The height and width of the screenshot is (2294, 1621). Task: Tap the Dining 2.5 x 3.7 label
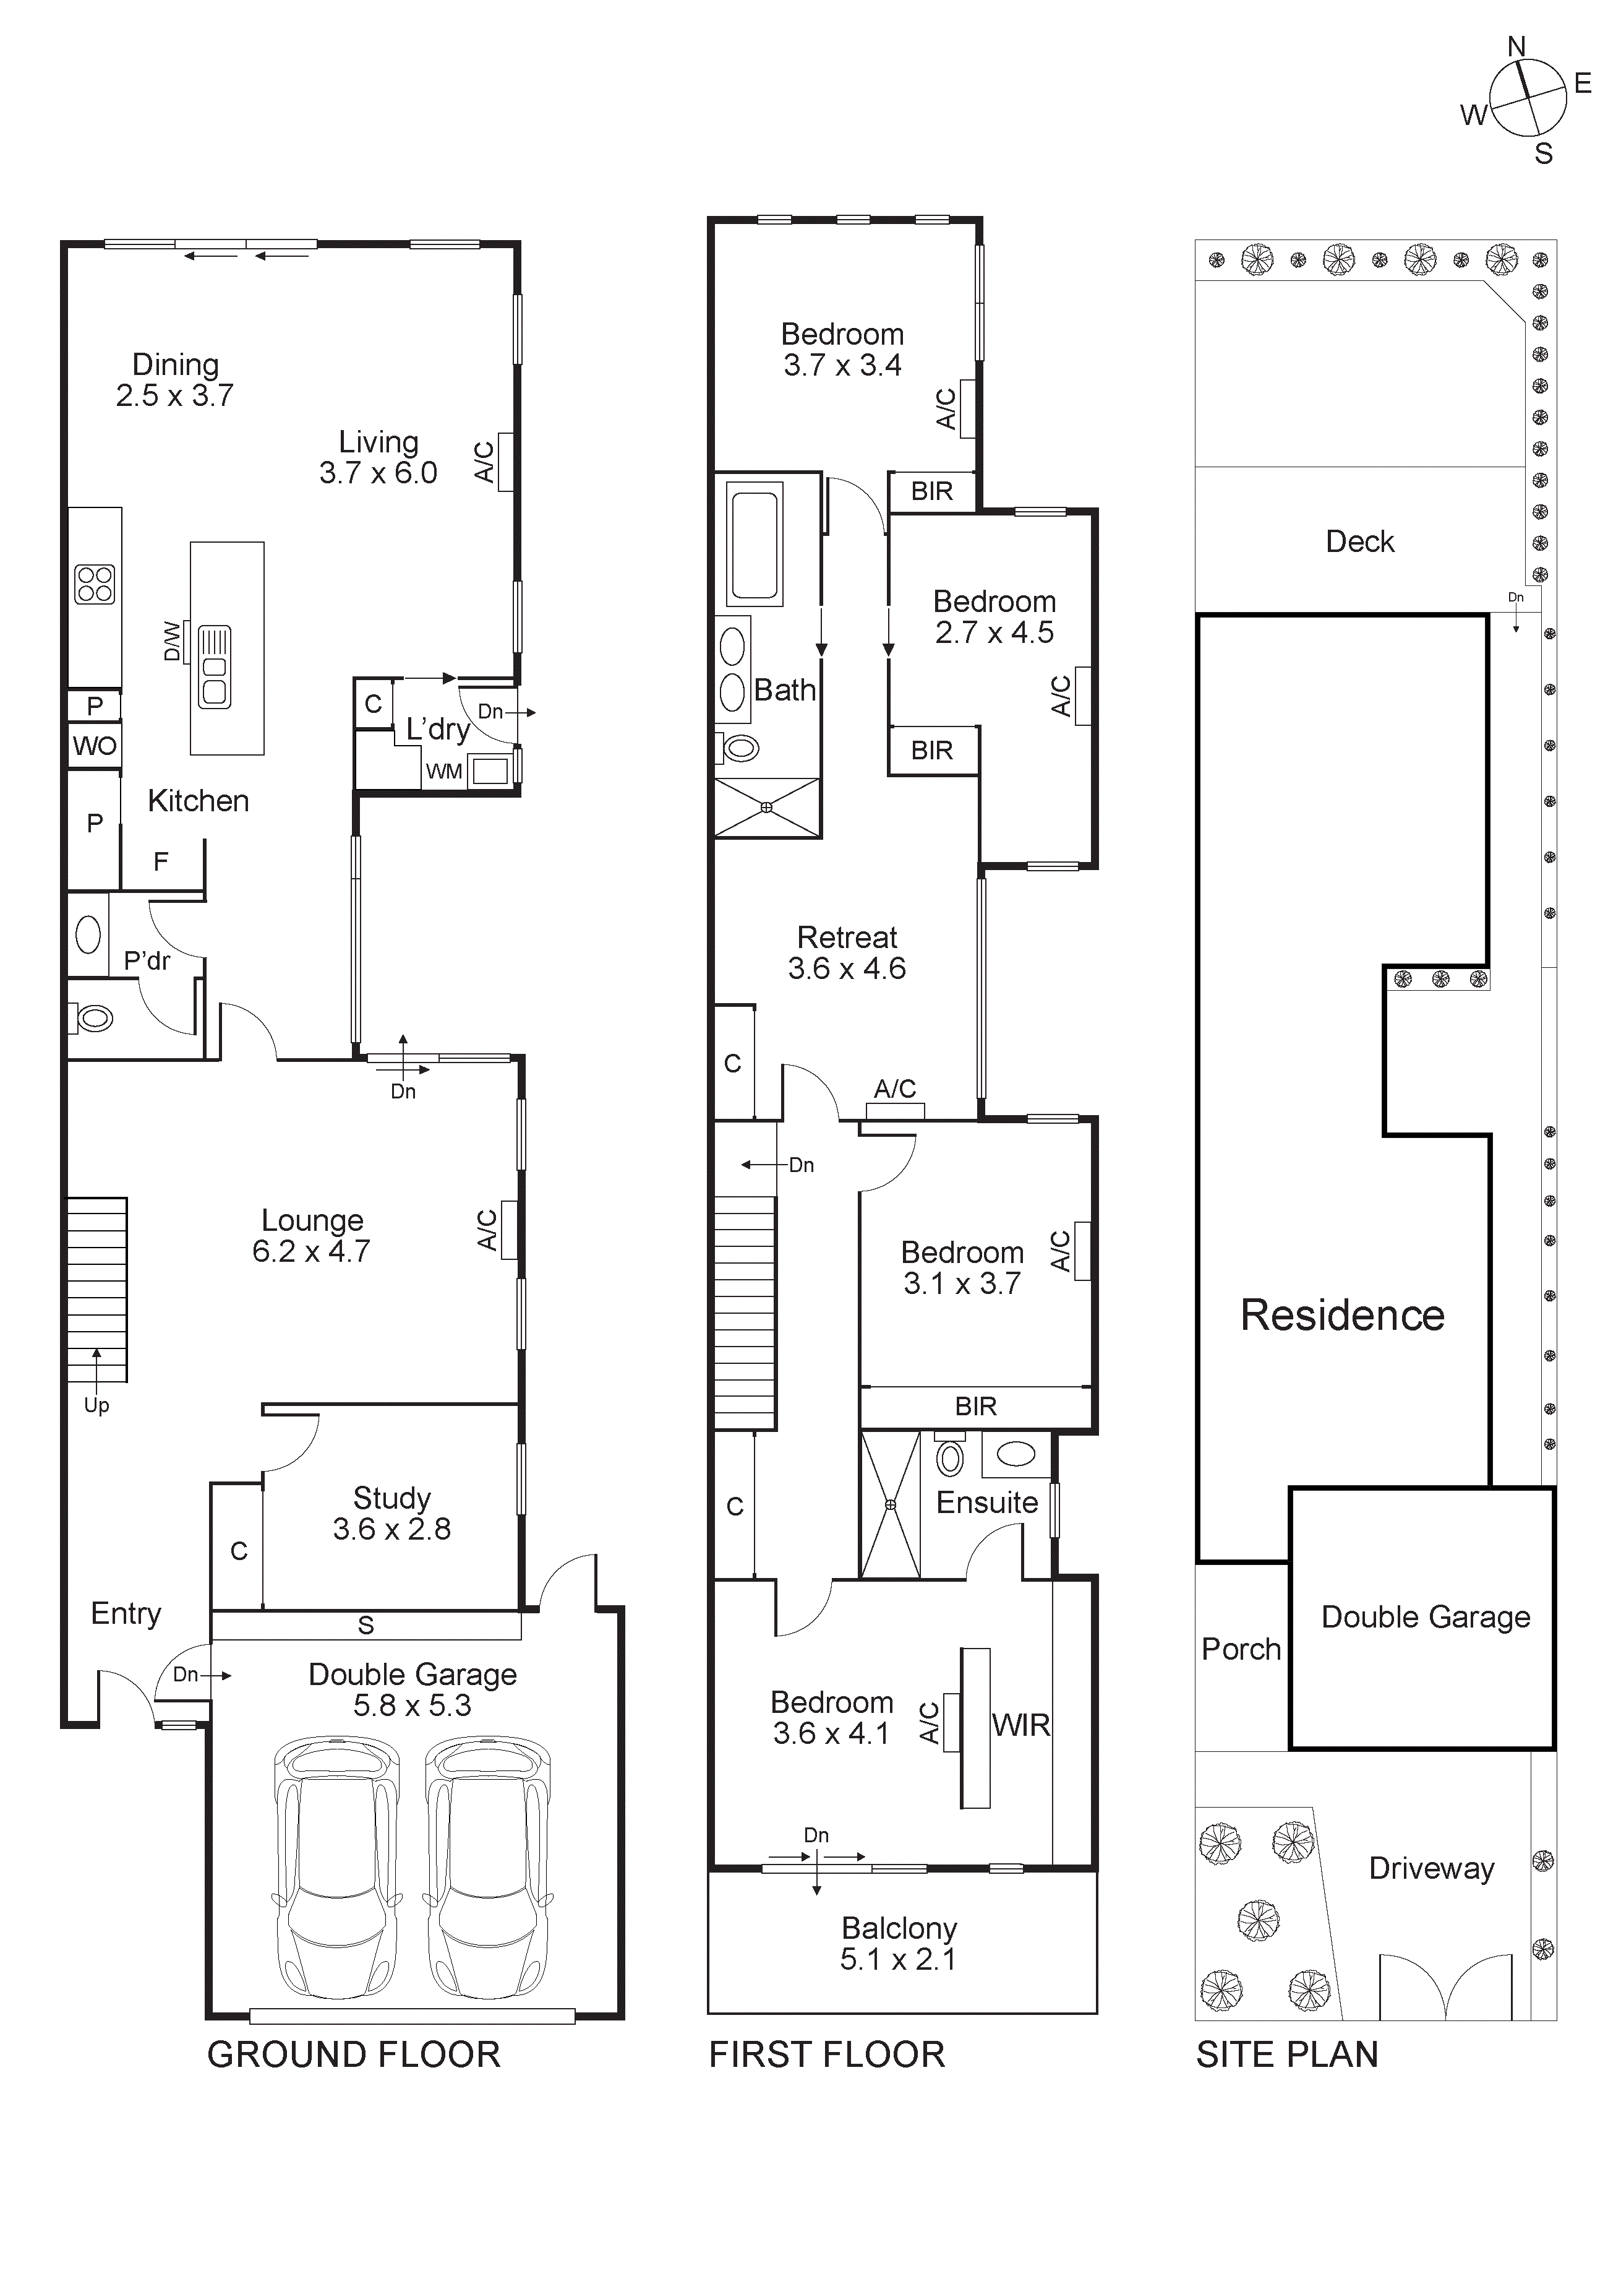(175, 381)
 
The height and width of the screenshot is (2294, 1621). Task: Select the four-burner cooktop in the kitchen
(95, 585)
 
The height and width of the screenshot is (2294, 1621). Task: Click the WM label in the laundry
(443, 771)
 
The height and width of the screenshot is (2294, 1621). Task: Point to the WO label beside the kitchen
(95, 745)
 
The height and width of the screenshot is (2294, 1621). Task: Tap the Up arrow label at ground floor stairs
(96, 1405)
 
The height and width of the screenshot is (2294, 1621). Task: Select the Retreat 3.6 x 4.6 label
(847, 952)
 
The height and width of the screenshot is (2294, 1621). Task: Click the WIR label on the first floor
(1020, 1725)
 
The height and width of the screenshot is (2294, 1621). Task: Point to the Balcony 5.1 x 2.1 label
(899, 1943)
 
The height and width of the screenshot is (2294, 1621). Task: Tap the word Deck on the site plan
(1359, 541)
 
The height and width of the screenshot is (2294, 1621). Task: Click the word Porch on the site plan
(1241, 1649)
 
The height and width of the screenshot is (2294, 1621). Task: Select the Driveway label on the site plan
(1431, 1868)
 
